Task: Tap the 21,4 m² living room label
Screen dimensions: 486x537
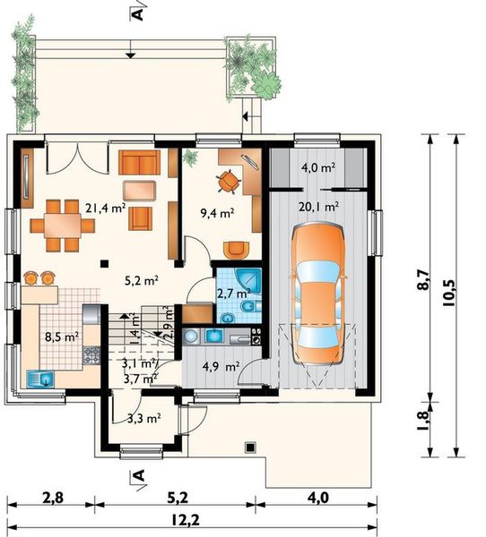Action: [106, 208]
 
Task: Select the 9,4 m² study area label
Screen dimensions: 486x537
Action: [217, 213]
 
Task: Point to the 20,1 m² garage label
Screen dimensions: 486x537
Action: [319, 207]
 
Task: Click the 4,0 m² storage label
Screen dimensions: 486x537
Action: [318, 167]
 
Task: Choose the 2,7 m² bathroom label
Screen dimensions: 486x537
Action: [233, 294]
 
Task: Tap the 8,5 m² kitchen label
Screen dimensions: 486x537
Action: [62, 337]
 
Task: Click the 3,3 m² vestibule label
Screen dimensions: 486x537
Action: [144, 418]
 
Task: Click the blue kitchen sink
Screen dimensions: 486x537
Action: [40, 379]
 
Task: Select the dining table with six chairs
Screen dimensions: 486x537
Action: [63, 226]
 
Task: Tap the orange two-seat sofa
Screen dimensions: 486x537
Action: [139, 162]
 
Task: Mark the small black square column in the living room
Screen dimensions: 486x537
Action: [104, 263]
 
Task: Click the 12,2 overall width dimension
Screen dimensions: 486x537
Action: [189, 521]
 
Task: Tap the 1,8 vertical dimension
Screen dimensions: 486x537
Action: [423, 421]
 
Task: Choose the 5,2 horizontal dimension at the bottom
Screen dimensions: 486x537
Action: [178, 498]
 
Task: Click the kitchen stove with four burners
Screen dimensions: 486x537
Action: [91, 354]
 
